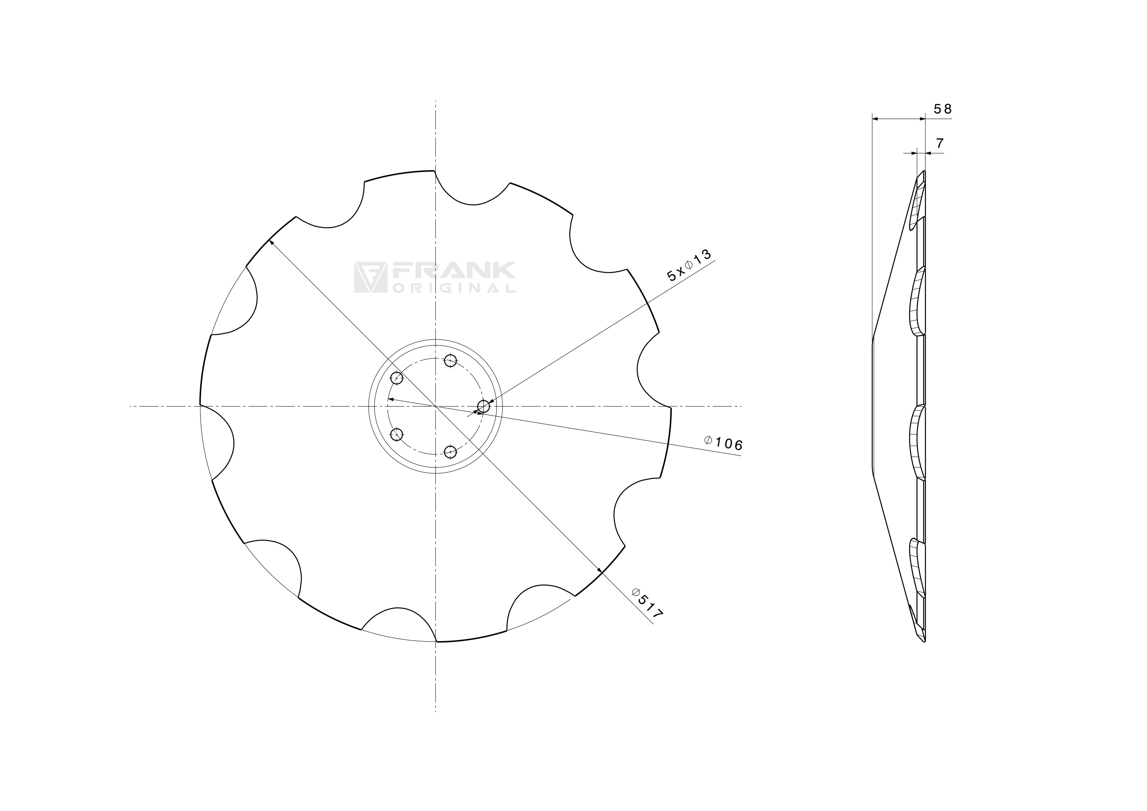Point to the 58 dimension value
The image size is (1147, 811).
click(942, 109)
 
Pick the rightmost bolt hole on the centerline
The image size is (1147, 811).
click(484, 406)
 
